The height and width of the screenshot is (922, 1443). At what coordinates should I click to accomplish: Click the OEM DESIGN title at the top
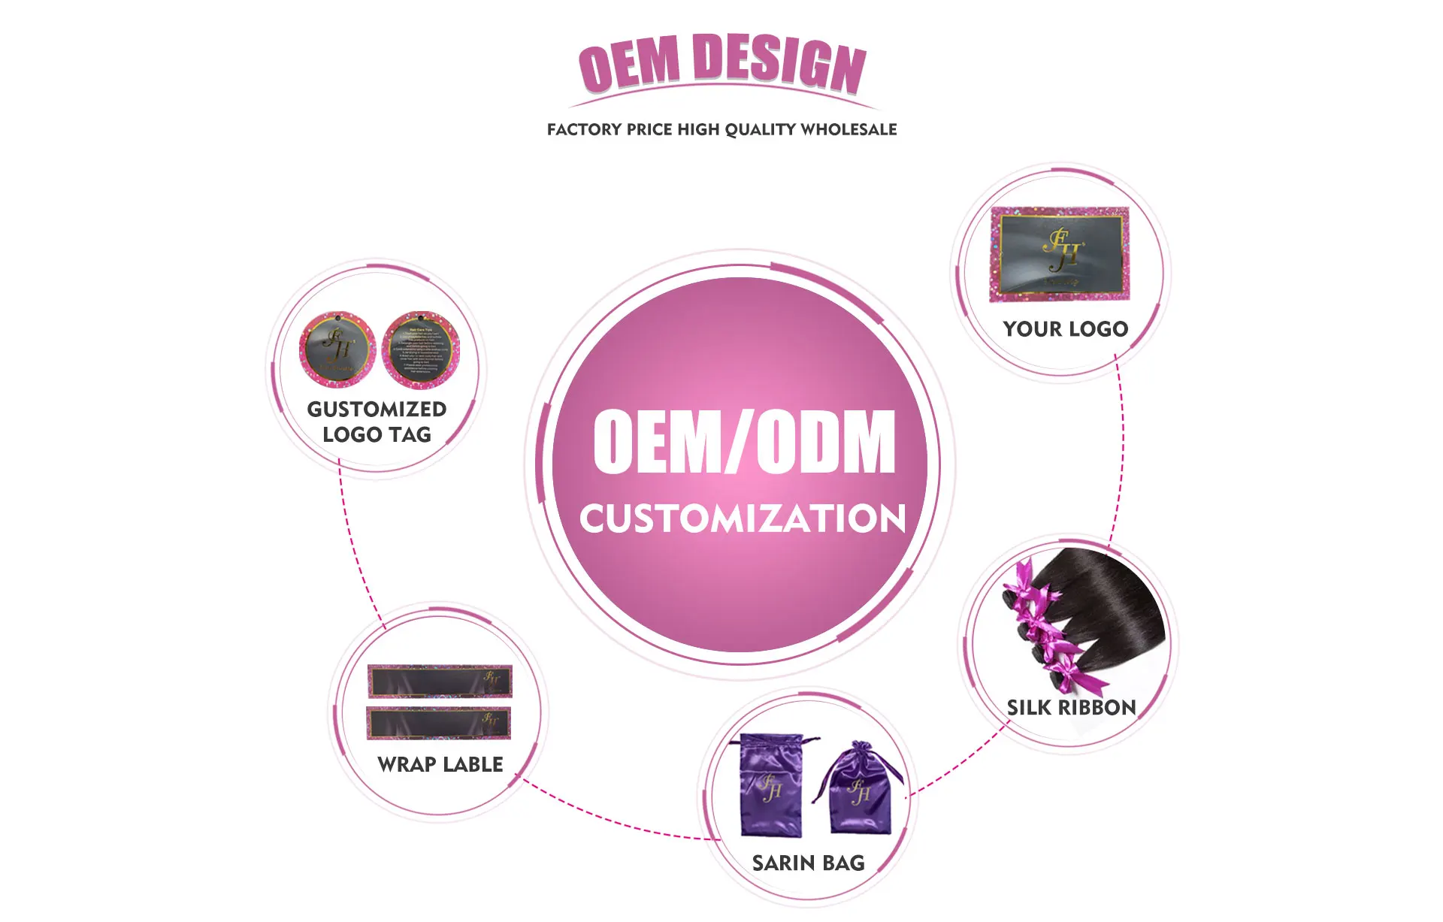[721, 65]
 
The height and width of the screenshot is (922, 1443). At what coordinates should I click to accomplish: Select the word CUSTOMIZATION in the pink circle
[743, 518]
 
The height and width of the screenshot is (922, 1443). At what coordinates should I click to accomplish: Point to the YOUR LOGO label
[1065, 329]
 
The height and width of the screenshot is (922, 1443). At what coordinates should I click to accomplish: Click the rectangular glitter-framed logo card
[1060, 254]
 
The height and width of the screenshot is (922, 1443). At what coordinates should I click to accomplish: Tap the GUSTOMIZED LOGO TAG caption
[377, 422]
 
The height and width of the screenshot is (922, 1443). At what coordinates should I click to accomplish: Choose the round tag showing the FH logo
[337, 349]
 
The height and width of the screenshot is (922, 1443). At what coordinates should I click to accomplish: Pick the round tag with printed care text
[420, 350]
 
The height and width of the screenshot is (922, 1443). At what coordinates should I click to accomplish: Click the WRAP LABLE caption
[440, 765]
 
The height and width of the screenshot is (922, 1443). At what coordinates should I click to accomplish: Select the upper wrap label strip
[440, 682]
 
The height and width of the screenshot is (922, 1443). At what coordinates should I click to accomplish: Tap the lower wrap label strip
[439, 723]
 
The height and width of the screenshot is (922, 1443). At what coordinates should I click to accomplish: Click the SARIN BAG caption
[808, 863]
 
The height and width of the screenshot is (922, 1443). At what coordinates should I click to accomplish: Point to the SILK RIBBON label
[1071, 708]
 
